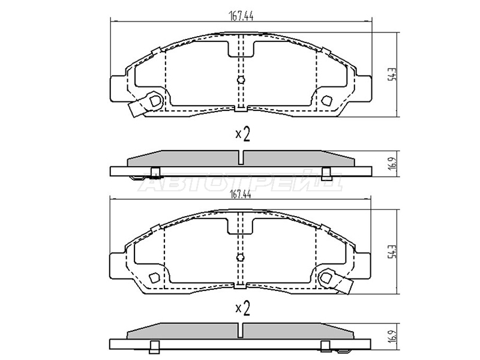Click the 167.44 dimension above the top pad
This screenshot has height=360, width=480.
[x=241, y=16]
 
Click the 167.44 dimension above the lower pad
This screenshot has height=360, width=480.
[x=240, y=194]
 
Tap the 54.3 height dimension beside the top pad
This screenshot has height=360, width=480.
[x=392, y=74]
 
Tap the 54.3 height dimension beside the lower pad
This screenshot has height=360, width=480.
[x=392, y=251]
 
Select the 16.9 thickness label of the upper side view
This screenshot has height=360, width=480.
[x=393, y=164]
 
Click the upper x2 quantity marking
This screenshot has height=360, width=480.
[x=242, y=134]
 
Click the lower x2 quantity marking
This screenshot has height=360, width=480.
[x=242, y=308]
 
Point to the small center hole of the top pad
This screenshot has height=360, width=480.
[x=241, y=80]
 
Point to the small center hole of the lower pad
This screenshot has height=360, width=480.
[x=241, y=257]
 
